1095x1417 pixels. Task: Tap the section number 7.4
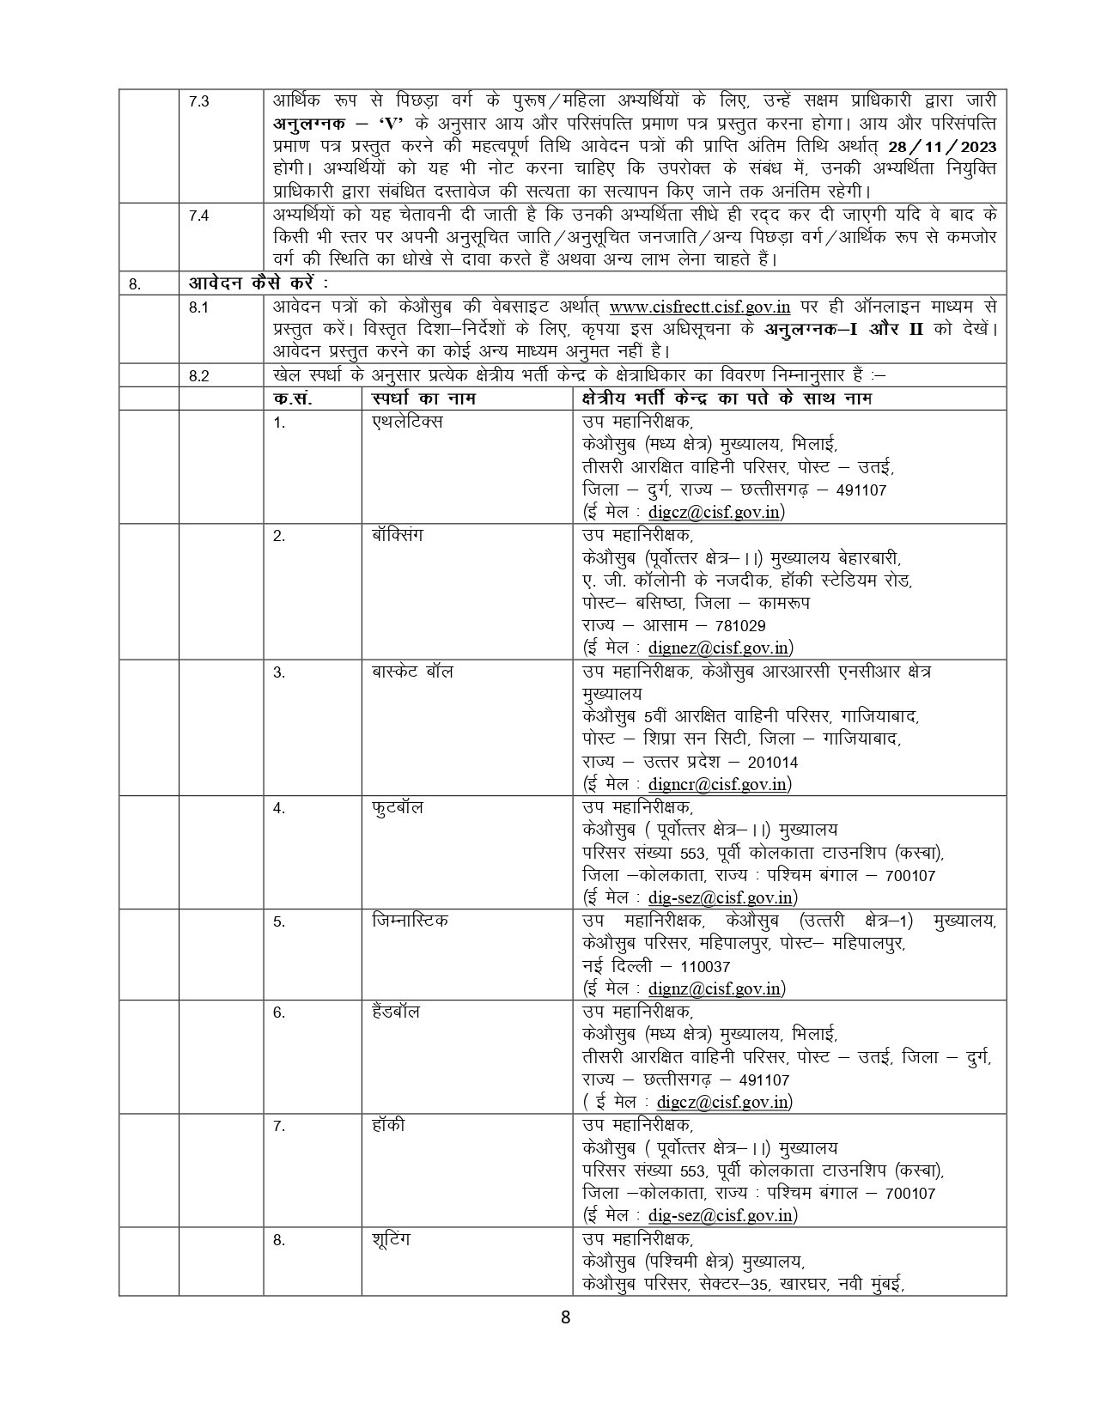[198, 216]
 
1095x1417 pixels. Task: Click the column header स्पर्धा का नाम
[424, 398]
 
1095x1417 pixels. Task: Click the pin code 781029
[735, 626]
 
